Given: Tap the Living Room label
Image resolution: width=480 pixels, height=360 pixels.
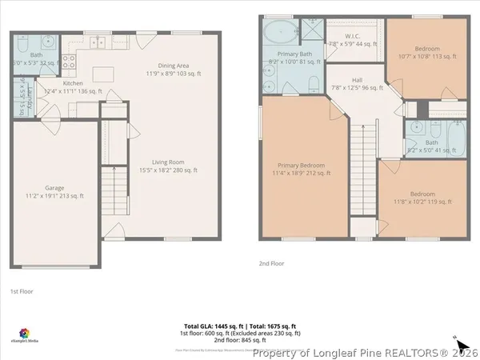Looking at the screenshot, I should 168,166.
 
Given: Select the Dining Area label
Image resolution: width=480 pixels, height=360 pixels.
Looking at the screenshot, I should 172,70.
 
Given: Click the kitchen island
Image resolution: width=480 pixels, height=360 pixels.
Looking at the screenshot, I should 101,74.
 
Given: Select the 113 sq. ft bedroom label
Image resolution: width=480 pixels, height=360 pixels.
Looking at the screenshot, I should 429,52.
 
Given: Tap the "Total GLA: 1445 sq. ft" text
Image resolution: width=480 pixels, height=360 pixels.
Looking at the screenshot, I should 212,326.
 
